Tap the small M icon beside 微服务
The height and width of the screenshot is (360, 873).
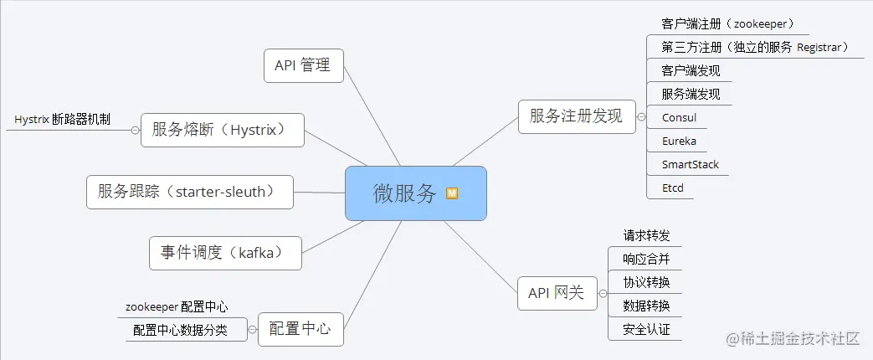tap(452, 193)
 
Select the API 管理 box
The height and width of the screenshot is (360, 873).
tap(303, 65)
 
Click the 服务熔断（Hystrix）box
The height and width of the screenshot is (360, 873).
tap(221, 130)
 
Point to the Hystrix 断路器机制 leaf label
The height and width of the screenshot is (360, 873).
tap(62, 120)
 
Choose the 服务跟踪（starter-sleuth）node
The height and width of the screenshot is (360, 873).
tap(190, 192)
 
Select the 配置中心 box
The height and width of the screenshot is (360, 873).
tap(300, 330)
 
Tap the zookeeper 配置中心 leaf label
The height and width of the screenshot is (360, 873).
tap(177, 307)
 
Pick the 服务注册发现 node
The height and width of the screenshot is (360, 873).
tap(576, 116)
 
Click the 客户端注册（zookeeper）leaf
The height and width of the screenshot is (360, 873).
tap(727, 23)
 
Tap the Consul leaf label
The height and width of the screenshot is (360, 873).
tap(679, 117)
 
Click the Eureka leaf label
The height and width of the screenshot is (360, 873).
tap(679, 141)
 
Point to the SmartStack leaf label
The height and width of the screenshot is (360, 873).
tap(690, 164)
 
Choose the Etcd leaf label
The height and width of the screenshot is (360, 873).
tap(672, 188)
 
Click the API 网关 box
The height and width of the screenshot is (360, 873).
tap(556, 293)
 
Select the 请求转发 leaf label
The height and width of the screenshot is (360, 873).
tap(646, 236)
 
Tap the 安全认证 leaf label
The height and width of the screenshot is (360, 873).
tap(646, 330)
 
